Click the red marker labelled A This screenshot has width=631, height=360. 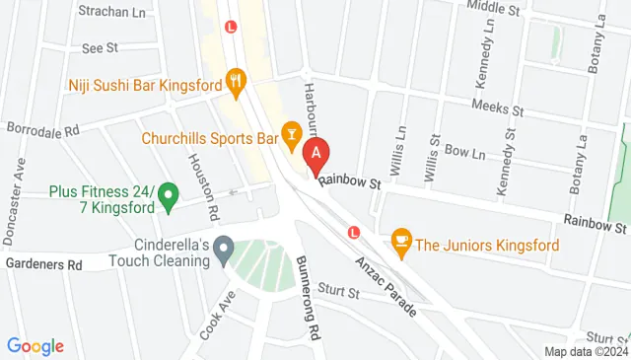(x=315, y=154)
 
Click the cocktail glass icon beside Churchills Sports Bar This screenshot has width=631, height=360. (x=292, y=131)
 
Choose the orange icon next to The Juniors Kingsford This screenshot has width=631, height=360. (x=401, y=239)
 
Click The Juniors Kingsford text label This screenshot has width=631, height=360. (x=488, y=245)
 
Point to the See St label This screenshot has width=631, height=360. (x=100, y=46)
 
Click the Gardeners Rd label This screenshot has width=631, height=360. (x=42, y=264)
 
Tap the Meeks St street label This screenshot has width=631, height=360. (x=494, y=106)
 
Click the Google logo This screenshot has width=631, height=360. (x=35, y=345)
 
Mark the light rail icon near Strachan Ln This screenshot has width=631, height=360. (x=231, y=27)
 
